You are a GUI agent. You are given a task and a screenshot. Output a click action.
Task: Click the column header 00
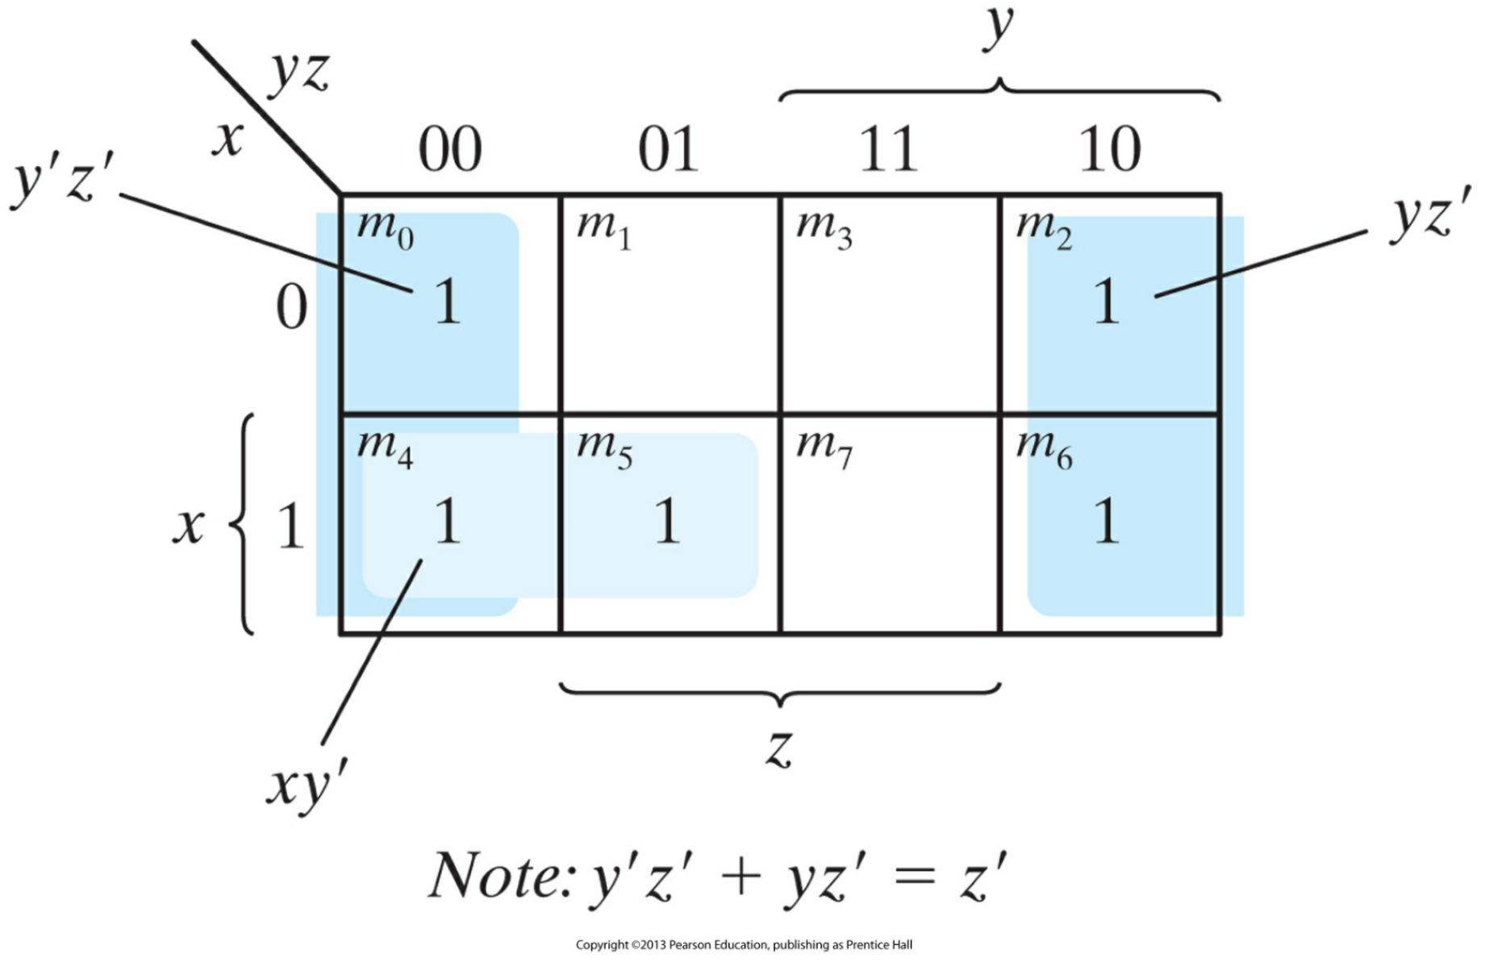[x=449, y=149]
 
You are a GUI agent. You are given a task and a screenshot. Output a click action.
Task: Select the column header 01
[x=667, y=149]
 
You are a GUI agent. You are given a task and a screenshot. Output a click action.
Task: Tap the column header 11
[x=887, y=149]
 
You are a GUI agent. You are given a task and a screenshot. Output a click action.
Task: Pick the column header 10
[x=1109, y=149]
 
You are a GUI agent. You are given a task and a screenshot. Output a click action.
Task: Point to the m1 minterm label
[x=603, y=227]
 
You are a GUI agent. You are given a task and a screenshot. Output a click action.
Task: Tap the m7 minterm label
[x=824, y=447]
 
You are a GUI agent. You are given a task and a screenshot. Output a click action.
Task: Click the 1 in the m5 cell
[x=666, y=522]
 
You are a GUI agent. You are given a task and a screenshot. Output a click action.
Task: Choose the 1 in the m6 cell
[x=1106, y=522]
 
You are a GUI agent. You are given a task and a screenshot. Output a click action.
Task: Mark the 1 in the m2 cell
[x=1106, y=302]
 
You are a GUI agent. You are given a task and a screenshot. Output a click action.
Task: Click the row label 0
[x=291, y=307]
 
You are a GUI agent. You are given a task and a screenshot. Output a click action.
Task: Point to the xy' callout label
[x=307, y=785]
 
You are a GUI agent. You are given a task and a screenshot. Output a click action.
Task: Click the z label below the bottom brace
[x=778, y=748]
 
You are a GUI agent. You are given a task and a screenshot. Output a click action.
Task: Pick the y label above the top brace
[x=999, y=28]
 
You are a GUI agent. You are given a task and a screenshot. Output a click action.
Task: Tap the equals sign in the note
[x=914, y=877]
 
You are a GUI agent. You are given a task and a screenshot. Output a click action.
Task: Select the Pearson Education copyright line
[x=744, y=944]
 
